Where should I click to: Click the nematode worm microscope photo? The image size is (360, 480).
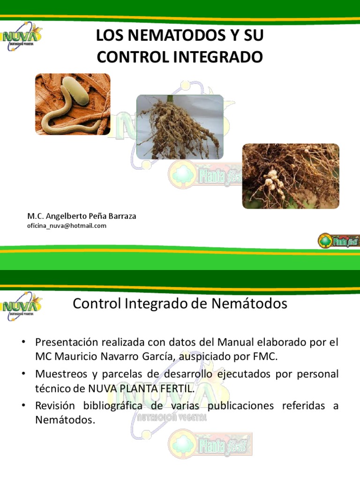(x=73, y=104)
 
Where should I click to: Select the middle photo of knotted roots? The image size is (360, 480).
(x=180, y=127)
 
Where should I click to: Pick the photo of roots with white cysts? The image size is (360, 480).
(x=290, y=176)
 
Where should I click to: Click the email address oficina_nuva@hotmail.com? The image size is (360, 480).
(x=67, y=225)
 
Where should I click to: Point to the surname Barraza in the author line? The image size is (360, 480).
(x=119, y=216)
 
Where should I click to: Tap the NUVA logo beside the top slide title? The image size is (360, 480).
(x=21, y=37)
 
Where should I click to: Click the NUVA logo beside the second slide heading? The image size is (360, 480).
(x=21, y=305)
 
